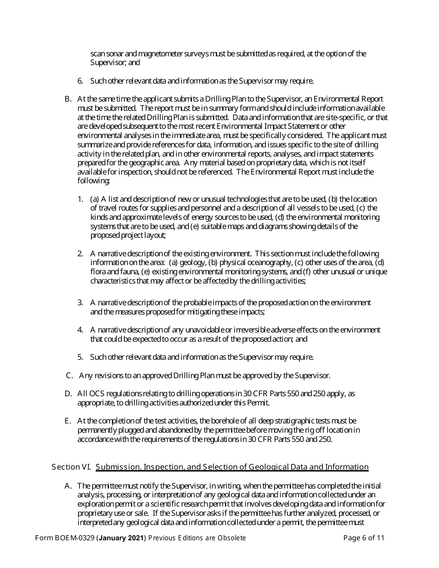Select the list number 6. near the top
point(80,81)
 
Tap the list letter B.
point(68,99)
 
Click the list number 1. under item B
point(80,199)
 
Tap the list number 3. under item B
point(80,302)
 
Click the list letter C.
point(69,375)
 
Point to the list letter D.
point(68,393)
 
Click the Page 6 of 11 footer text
point(364,538)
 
